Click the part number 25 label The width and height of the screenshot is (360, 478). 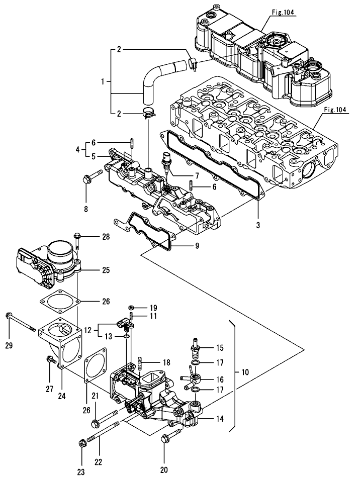point(106,270)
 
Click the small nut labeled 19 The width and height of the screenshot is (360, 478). point(130,307)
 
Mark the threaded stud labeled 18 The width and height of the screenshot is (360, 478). point(140,362)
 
